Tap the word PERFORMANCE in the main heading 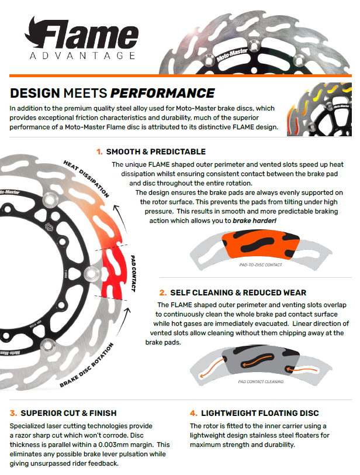click(x=162, y=93)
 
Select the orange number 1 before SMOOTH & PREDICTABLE click(x=99, y=152)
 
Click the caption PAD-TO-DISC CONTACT click(x=261, y=265)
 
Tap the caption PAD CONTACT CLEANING click(x=261, y=381)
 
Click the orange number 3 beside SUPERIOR click(x=13, y=413)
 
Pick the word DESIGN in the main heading click(x=35, y=93)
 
